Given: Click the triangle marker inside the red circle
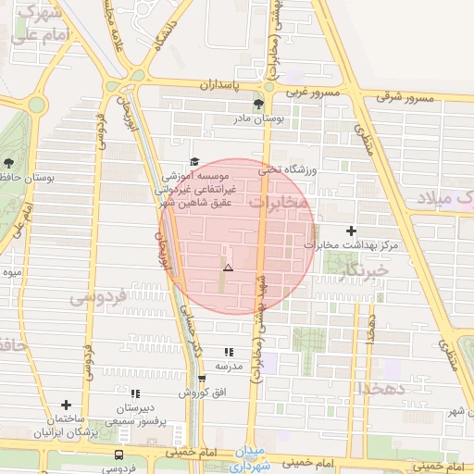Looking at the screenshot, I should pos(228,268).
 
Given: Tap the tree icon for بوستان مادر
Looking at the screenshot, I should pos(258,104).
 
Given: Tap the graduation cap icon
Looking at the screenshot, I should pos(194,161).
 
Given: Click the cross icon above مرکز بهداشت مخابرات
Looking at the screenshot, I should pos(351,231).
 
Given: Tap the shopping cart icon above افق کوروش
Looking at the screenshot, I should pos(202,379).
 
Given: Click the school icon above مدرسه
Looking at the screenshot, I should pos(228,352).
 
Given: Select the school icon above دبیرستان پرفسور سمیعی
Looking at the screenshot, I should pos(135,393).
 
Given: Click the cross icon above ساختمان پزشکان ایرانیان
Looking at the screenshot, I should pos(66,405).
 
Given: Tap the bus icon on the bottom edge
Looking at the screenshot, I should pos(118,455).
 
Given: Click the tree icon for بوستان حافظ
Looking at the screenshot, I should pos(8,163).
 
